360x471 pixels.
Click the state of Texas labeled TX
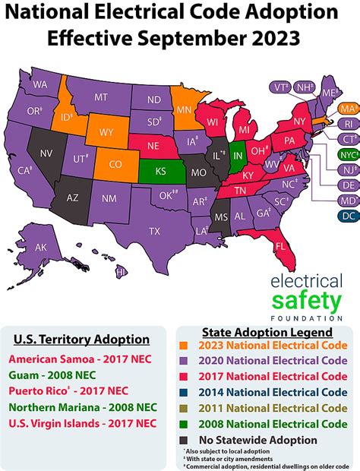154,230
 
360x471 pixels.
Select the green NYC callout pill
349,154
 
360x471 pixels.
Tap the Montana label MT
101,96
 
